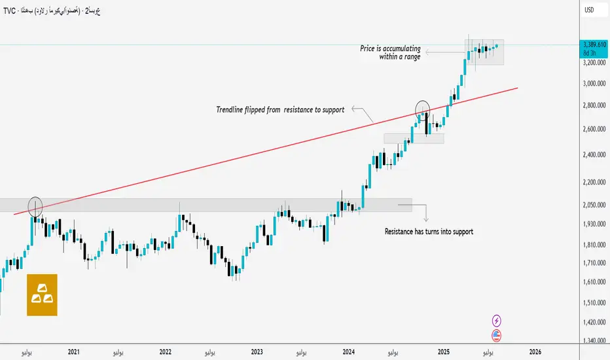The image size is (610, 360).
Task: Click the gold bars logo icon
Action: (x=42, y=295)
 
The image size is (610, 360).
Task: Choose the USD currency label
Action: (x=589, y=10)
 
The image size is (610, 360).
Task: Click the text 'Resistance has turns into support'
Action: (x=428, y=232)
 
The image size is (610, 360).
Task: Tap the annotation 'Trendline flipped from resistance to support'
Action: (x=280, y=109)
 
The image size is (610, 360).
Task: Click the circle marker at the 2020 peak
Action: (x=35, y=207)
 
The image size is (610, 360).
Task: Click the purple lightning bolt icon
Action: (x=496, y=321)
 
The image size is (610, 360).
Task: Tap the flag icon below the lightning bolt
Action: (x=496, y=335)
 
